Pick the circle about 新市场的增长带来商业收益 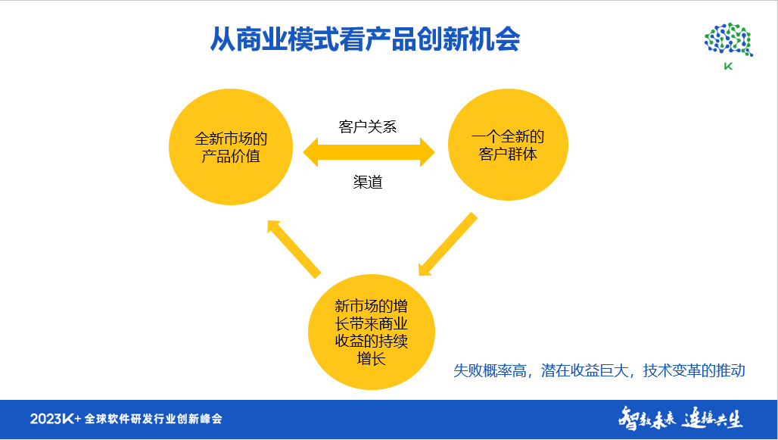click(371, 332)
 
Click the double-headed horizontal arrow click(369, 152)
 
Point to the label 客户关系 click(368, 126)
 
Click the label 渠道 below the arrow click(368, 183)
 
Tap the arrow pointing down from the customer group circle click(447, 245)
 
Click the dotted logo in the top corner click(728, 40)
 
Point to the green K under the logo click(728, 67)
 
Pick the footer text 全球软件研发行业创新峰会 click(153, 419)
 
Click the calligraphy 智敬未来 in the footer click(646, 418)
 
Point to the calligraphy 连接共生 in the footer click(712, 418)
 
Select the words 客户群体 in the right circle click(508, 155)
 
